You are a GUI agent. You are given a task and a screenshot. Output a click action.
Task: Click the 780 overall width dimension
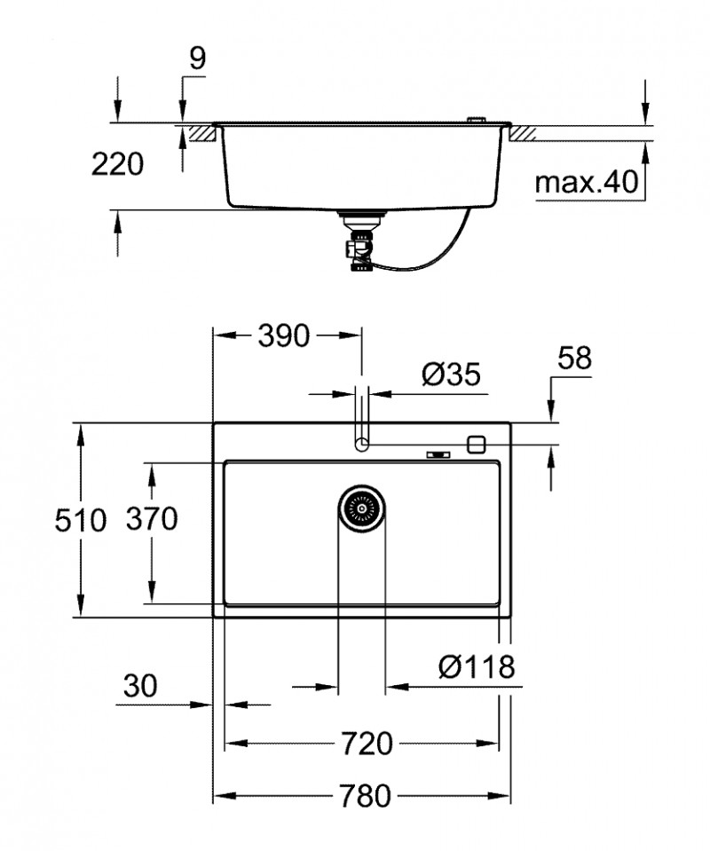tap(364, 796)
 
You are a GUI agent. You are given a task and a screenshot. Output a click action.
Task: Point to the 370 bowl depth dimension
tap(151, 518)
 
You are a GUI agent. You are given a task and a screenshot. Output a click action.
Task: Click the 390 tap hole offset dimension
tap(283, 335)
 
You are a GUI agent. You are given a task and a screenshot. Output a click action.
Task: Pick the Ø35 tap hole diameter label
tap(450, 375)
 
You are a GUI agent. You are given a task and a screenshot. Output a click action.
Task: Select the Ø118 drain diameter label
tap(476, 666)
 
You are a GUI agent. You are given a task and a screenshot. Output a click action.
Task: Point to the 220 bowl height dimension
tap(117, 164)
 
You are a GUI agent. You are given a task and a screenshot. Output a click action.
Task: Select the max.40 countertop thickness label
tap(587, 183)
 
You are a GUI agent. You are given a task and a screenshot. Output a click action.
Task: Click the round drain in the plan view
tap(361, 509)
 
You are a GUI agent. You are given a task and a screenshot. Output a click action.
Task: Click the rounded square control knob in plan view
tap(477, 443)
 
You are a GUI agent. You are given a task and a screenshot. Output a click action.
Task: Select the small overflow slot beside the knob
tap(438, 454)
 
